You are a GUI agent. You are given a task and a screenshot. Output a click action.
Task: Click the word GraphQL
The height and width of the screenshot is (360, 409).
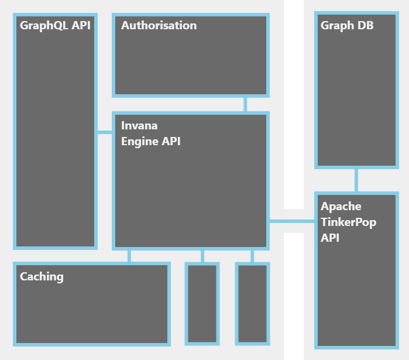(44, 26)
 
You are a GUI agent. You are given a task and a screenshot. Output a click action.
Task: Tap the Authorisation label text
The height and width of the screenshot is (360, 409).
(159, 26)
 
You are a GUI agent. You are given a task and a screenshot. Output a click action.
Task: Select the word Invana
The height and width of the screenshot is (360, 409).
(139, 126)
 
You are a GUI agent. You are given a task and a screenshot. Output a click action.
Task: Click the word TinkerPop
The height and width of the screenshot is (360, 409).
(349, 222)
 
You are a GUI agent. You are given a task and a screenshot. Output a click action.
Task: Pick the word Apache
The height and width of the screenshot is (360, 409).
(341, 207)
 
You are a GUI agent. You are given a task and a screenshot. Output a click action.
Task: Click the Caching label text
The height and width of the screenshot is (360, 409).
(42, 277)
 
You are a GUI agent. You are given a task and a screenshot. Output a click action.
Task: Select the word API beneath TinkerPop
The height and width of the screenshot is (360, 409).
(330, 238)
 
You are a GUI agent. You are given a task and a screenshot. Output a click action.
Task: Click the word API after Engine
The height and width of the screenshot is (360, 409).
(171, 142)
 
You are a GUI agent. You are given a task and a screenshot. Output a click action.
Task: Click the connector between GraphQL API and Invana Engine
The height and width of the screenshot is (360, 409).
(105, 132)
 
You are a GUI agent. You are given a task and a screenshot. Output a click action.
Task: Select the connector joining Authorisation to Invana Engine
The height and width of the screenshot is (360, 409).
(245, 104)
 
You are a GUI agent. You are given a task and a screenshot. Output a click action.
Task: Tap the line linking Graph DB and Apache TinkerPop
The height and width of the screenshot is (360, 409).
(356, 180)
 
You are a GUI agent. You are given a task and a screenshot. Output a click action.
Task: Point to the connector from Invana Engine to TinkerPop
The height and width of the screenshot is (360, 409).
(292, 221)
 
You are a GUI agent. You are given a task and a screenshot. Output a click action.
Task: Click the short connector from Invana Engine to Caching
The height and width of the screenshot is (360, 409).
(129, 256)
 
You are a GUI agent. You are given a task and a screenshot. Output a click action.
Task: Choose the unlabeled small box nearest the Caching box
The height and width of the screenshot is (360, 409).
(202, 304)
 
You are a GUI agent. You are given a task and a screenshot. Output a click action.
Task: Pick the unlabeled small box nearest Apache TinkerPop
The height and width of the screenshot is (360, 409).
(253, 304)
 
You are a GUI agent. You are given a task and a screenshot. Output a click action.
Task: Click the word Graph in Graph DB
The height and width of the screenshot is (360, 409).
(337, 26)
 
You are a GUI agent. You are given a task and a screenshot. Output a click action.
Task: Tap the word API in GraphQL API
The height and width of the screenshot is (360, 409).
(81, 26)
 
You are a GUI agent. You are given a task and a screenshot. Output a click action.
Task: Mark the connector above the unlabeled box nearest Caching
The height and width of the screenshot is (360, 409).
(202, 256)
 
